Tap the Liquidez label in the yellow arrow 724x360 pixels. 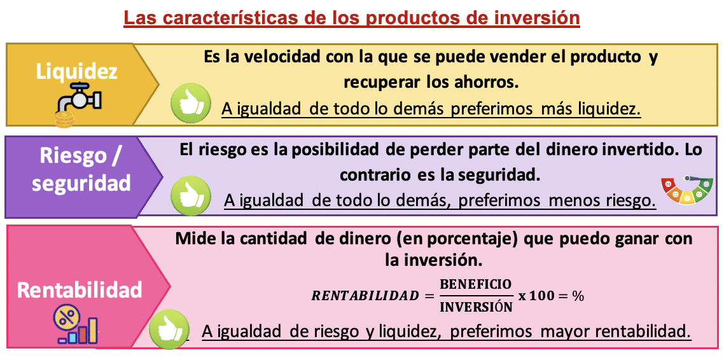tap(77, 71)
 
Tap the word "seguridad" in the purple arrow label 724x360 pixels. tap(81, 183)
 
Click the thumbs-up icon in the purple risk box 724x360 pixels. tap(191, 196)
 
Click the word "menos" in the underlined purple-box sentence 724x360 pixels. tap(568, 200)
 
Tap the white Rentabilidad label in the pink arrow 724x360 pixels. tap(80, 289)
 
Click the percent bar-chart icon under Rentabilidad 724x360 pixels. tap(76, 325)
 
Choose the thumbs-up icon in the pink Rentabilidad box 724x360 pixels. tap(169, 329)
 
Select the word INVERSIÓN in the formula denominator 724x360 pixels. tap(476, 307)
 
